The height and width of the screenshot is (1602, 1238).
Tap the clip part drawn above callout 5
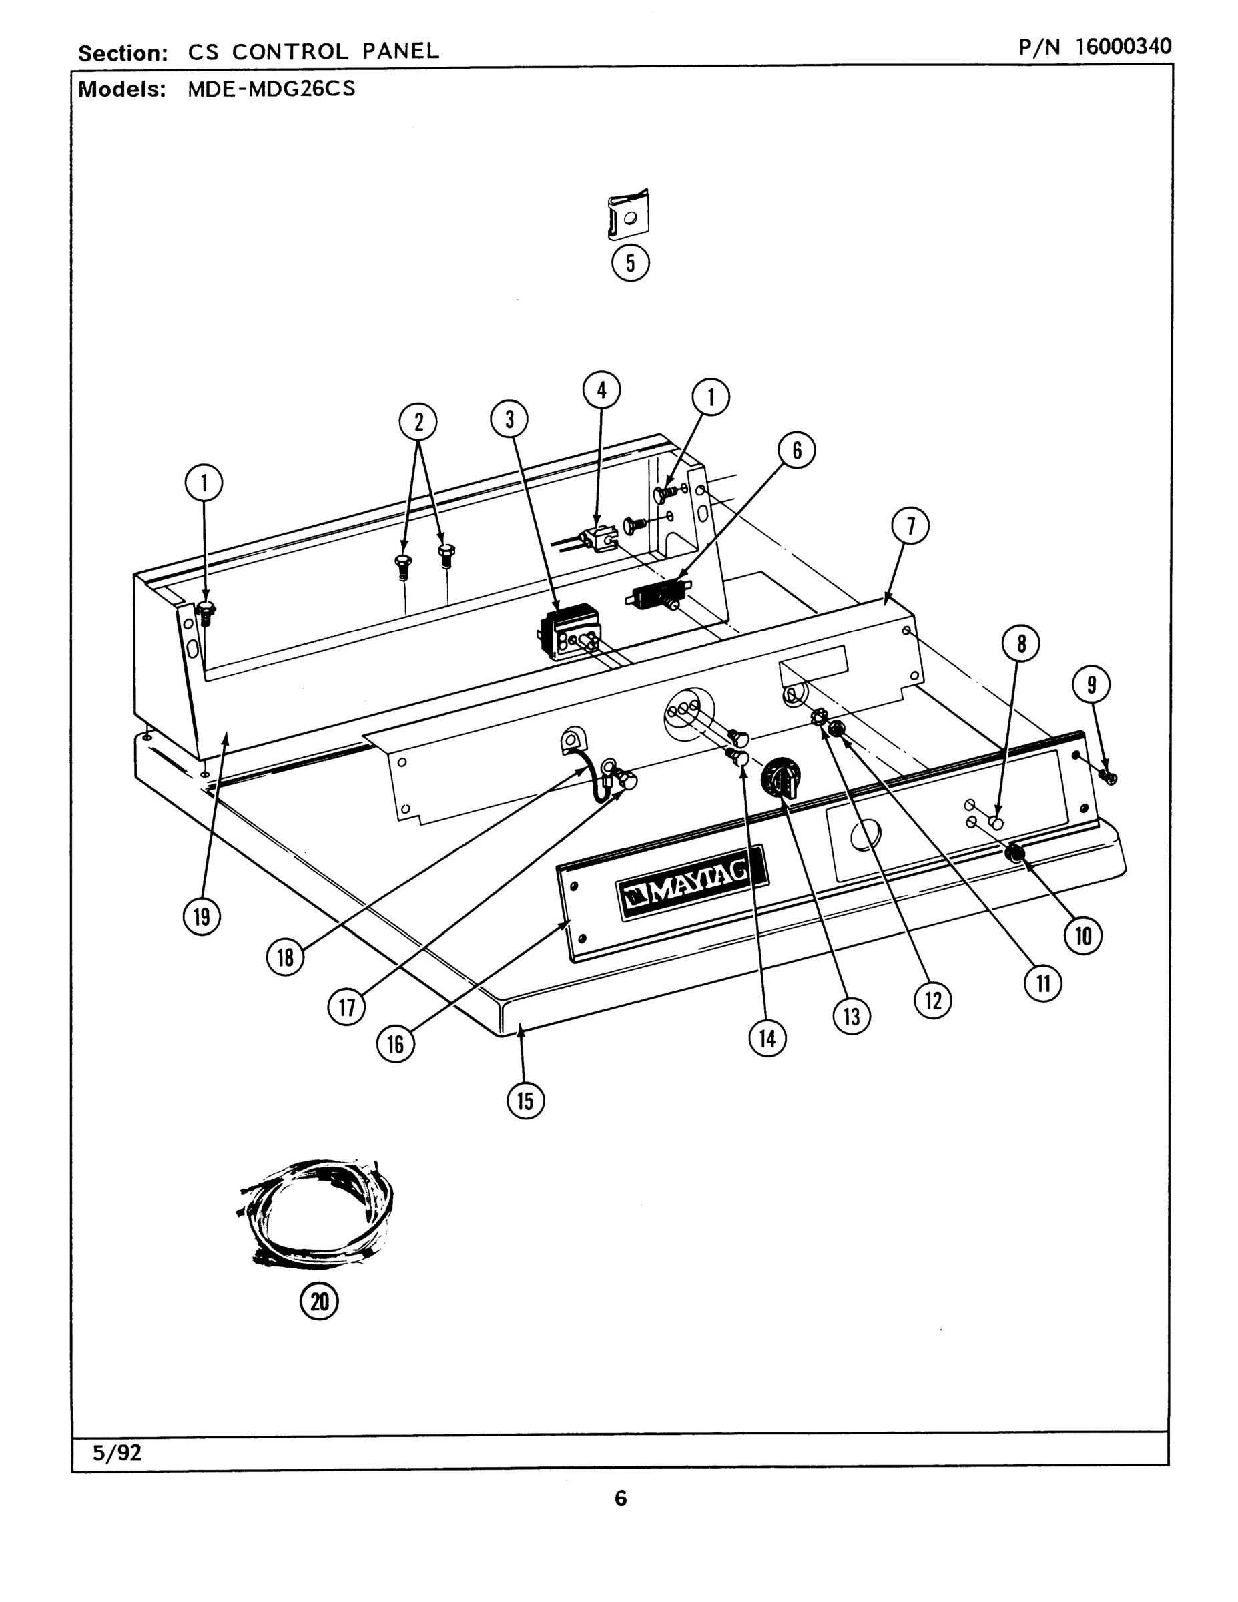[629, 215]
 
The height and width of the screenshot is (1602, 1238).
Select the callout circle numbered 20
[319, 1300]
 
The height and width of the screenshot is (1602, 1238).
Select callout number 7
[910, 527]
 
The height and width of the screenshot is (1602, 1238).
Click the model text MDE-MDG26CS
[271, 89]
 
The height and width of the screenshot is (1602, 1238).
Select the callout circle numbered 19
[202, 916]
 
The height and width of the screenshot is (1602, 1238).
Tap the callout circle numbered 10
[1082, 935]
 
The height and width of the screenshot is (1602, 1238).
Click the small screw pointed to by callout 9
[1110, 777]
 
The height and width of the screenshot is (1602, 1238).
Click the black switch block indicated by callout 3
[569, 630]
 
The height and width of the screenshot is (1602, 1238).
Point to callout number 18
[285, 957]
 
